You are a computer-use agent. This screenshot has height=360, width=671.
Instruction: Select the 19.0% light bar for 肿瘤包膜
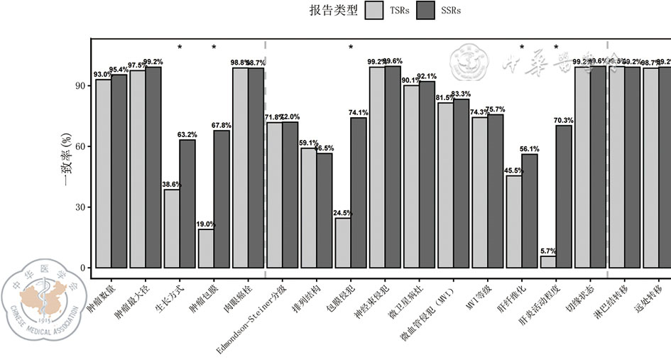pos(205,249)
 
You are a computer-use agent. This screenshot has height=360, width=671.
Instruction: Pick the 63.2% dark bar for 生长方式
pos(187,204)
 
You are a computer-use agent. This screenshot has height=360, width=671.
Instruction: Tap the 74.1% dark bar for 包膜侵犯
pos(359,192)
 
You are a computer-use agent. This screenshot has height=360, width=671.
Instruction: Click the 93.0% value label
pos(102,74)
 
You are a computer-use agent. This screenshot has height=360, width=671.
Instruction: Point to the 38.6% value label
pos(172,184)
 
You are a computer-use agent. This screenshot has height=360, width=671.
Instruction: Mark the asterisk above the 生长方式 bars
pos(180,48)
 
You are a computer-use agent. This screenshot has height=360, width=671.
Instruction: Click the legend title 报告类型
pos(333,11)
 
